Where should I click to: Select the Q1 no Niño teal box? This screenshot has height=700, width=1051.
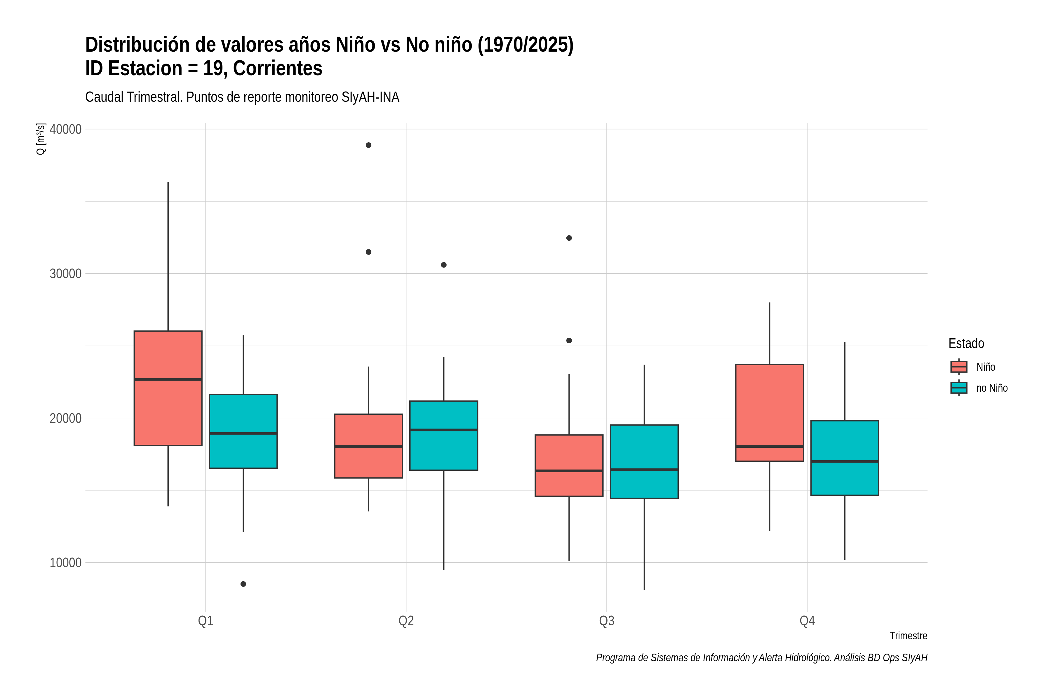[243, 431]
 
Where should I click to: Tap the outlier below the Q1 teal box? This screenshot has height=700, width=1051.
[243, 584]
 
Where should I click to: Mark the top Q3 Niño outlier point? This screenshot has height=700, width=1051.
[569, 238]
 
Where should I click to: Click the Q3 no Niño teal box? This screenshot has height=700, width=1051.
[644, 462]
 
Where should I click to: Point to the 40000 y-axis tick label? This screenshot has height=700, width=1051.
[66, 129]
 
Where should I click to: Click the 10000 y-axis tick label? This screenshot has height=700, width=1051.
[66, 563]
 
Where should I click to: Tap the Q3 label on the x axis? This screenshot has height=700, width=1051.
[606, 621]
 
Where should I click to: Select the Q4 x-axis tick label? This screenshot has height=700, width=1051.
[807, 621]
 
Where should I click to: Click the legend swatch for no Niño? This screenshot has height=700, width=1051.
[958, 388]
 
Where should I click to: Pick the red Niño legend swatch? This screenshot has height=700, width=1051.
[958, 367]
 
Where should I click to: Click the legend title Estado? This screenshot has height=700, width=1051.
[966, 343]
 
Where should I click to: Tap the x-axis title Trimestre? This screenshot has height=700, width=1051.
[908, 636]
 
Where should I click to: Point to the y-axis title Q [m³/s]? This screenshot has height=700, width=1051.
[41, 139]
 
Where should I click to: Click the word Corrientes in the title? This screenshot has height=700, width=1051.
[278, 68]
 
